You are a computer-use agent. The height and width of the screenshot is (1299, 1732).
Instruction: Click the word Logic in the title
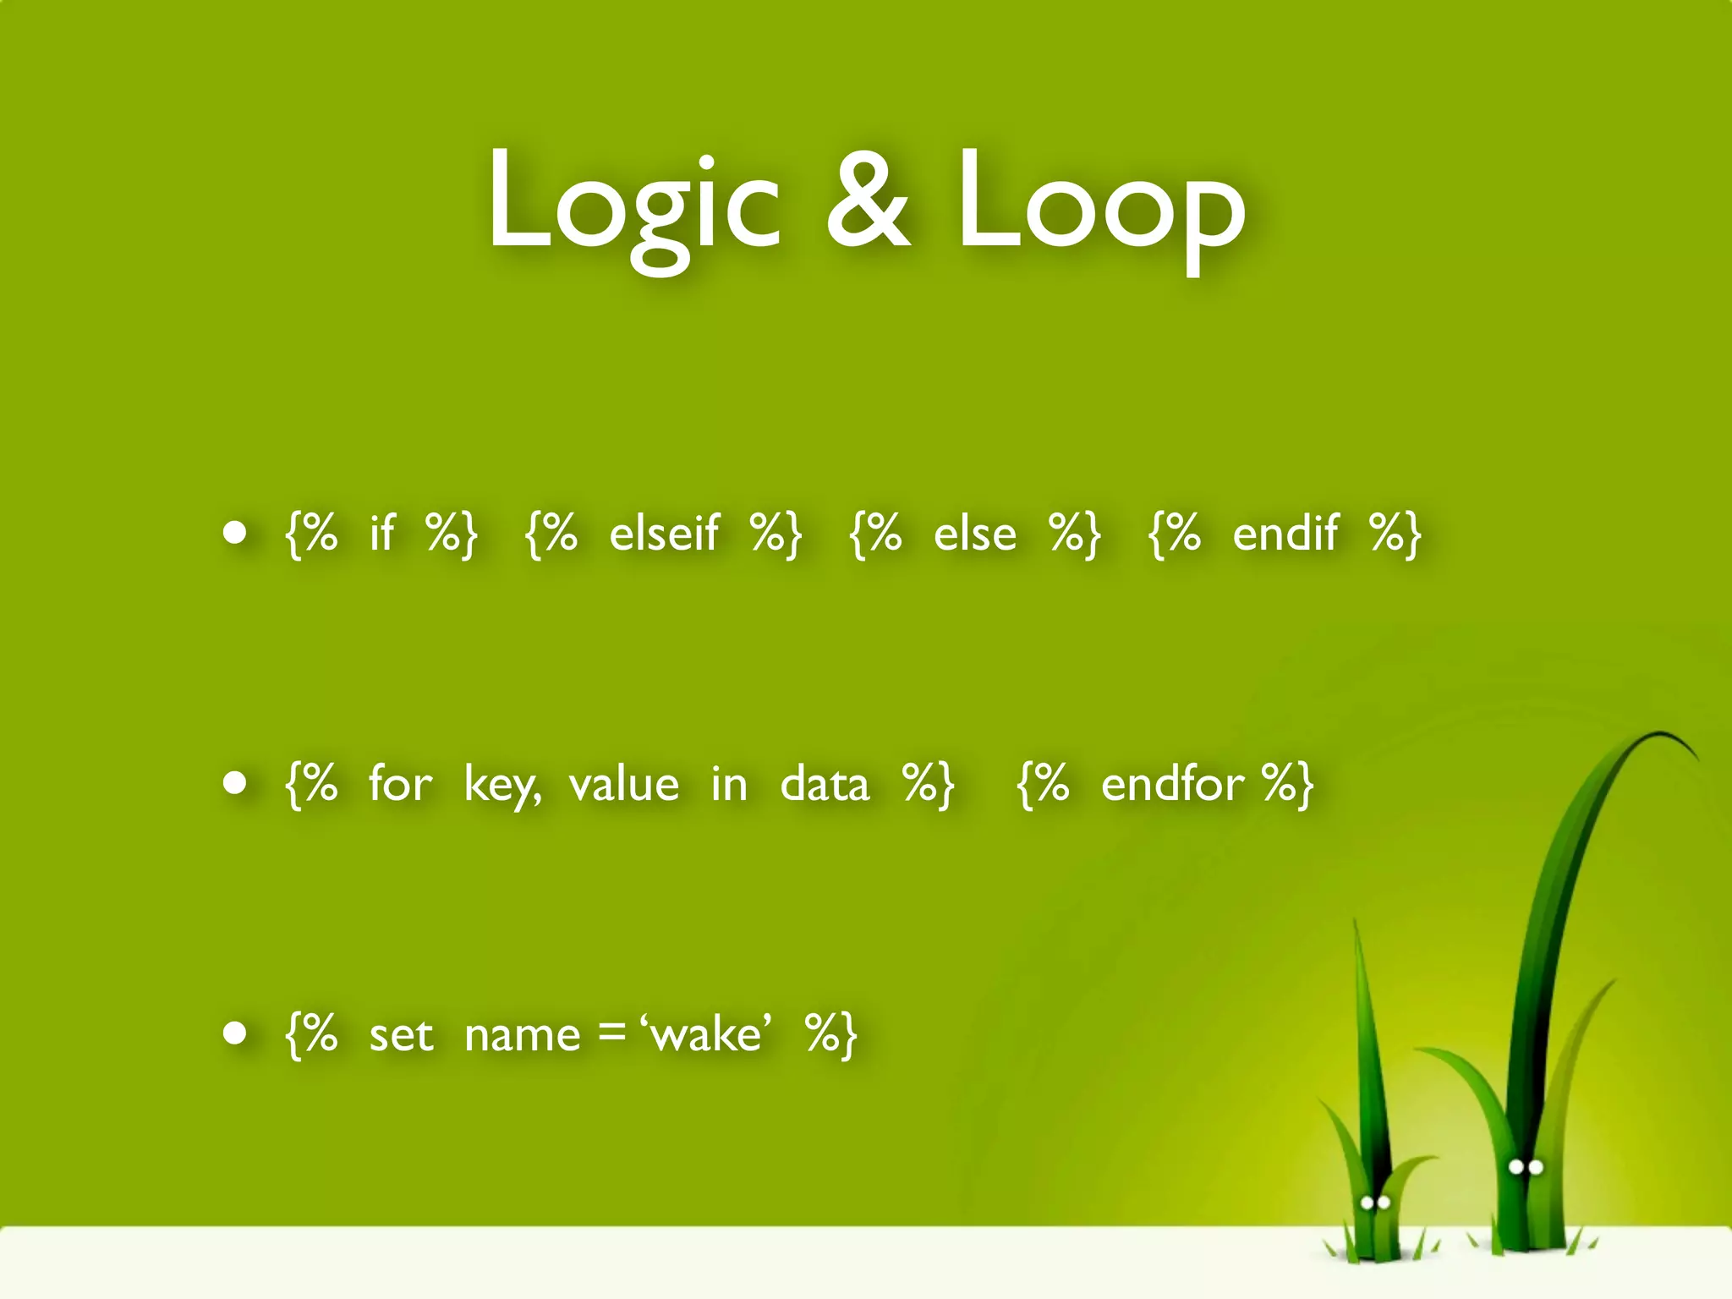[633, 203]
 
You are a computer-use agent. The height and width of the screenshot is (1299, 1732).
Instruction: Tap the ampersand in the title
[869, 203]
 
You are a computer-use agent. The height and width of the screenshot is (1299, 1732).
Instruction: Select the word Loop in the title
[1101, 203]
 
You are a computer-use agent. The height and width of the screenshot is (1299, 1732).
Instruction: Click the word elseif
[664, 534]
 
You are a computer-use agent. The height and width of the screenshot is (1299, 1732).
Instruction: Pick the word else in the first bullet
[975, 534]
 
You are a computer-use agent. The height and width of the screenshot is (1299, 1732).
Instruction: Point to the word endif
[1285, 534]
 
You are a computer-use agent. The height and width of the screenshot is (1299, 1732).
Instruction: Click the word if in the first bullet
[382, 534]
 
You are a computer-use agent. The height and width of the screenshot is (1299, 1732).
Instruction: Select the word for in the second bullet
[400, 784]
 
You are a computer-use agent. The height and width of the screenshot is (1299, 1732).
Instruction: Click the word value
[624, 784]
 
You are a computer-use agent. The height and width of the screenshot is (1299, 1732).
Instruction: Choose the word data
[825, 784]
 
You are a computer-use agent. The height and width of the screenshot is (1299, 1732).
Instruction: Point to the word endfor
[1172, 784]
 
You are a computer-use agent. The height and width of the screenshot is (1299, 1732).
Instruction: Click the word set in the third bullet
[402, 1034]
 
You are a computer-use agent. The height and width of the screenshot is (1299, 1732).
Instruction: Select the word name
[523, 1034]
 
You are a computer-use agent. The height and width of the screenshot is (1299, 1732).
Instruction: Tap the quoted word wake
[708, 1034]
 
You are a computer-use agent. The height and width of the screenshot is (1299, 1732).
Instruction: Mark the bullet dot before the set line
[235, 1033]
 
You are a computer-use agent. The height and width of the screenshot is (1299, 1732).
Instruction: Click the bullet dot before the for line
[235, 783]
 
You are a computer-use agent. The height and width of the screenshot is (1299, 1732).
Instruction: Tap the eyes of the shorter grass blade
[1375, 1202]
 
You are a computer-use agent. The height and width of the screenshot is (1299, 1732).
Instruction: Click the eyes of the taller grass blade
[1526, 1168]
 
